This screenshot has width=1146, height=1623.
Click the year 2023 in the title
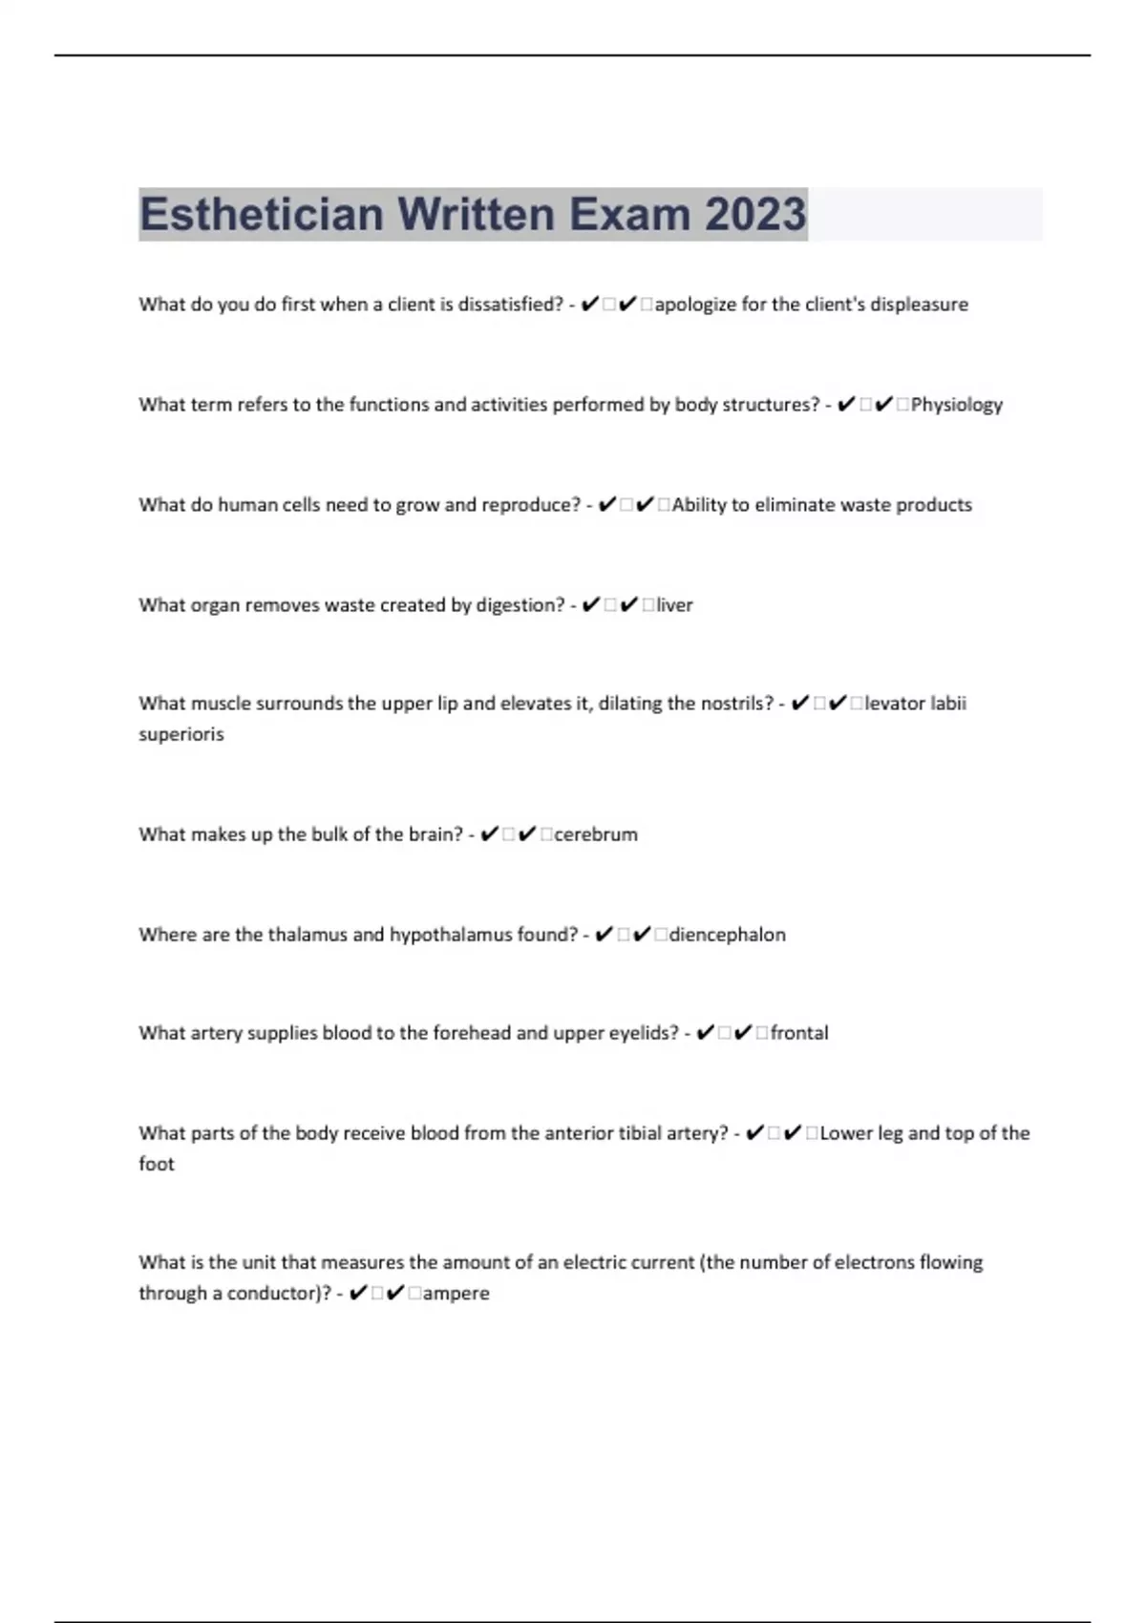point(755,214)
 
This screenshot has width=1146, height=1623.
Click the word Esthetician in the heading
point(261,214)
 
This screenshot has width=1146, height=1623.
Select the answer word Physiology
point(956,405)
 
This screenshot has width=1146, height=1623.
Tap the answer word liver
point(674,605)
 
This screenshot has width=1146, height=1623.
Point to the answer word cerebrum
point(595,834)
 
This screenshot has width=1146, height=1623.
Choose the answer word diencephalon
point(727,935)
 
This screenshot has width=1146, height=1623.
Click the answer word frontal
point(799,1033)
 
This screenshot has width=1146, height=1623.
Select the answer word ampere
point(456,1294)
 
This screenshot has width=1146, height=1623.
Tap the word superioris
point(181,734)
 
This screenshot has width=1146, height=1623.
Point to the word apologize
point(695,305)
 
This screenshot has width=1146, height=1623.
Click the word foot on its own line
point(157,1164)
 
